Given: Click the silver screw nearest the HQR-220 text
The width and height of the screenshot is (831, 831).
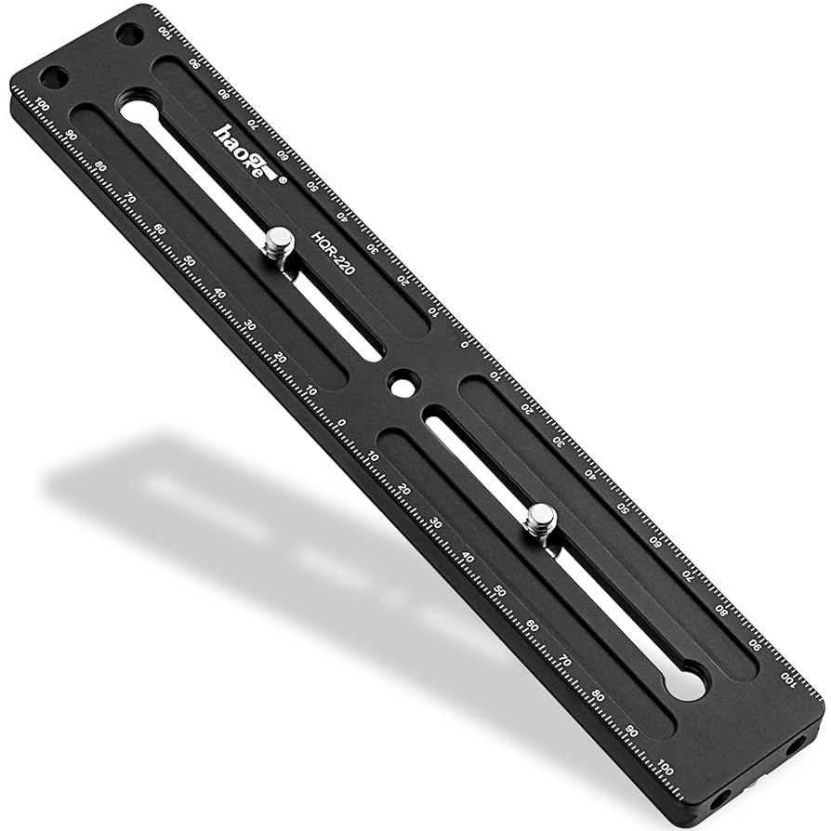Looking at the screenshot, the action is tap(278, 245).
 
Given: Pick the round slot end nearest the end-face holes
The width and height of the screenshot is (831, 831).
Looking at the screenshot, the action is tap(684, 685).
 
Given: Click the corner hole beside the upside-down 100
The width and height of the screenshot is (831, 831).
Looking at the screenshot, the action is tap(129, 34).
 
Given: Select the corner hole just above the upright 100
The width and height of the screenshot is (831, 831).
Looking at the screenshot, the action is tap(53, 79).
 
